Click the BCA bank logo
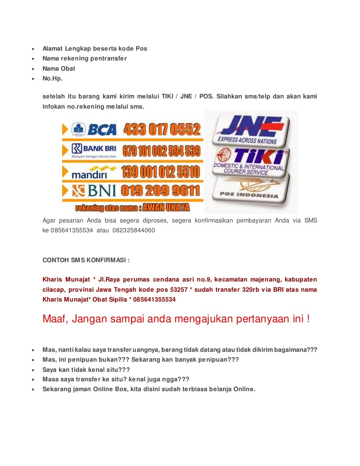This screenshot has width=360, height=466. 94,130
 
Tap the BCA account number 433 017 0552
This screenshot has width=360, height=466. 162,130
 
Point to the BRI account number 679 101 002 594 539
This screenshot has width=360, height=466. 162,151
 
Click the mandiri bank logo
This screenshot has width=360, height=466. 93,172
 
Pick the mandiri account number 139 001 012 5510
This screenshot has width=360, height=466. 161,172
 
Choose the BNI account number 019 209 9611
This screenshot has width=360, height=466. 160,191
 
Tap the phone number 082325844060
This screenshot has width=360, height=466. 134,231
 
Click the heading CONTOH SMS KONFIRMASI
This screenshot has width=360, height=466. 86,260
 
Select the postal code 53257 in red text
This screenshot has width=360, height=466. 179,290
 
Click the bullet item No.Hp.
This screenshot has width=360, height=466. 52,79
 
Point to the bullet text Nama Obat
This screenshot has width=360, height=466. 59,69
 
